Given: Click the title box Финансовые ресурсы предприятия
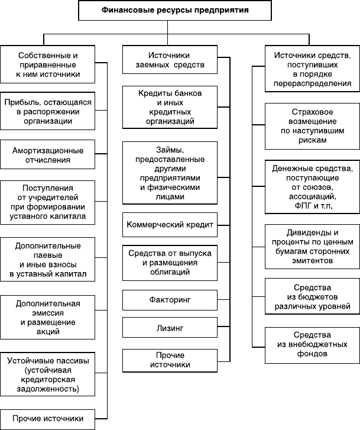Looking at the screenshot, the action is tap(175, 10).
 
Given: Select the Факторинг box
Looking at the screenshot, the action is tap(170, 300).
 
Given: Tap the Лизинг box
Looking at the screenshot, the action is tap(170, 328).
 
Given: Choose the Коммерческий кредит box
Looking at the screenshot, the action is tap(170, 225).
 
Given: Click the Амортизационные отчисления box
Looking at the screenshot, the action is tap(48, 154).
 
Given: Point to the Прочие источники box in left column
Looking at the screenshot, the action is tap(48, 419).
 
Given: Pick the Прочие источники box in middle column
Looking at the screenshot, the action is tap(170, 360).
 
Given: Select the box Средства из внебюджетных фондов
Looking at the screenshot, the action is tap(312, 345).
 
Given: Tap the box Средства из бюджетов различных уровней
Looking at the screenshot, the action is tap(312, 296).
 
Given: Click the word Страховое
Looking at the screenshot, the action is tap(312, 112).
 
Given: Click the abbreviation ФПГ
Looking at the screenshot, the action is tap(303, 206).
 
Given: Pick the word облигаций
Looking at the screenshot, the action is tap(170, 271).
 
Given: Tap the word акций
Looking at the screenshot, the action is tap(48, 332).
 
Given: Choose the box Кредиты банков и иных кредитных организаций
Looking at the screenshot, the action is tap(170, 107).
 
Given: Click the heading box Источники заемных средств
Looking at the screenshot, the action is tap(170, 60).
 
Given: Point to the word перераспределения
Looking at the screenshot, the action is tap(312, 83).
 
